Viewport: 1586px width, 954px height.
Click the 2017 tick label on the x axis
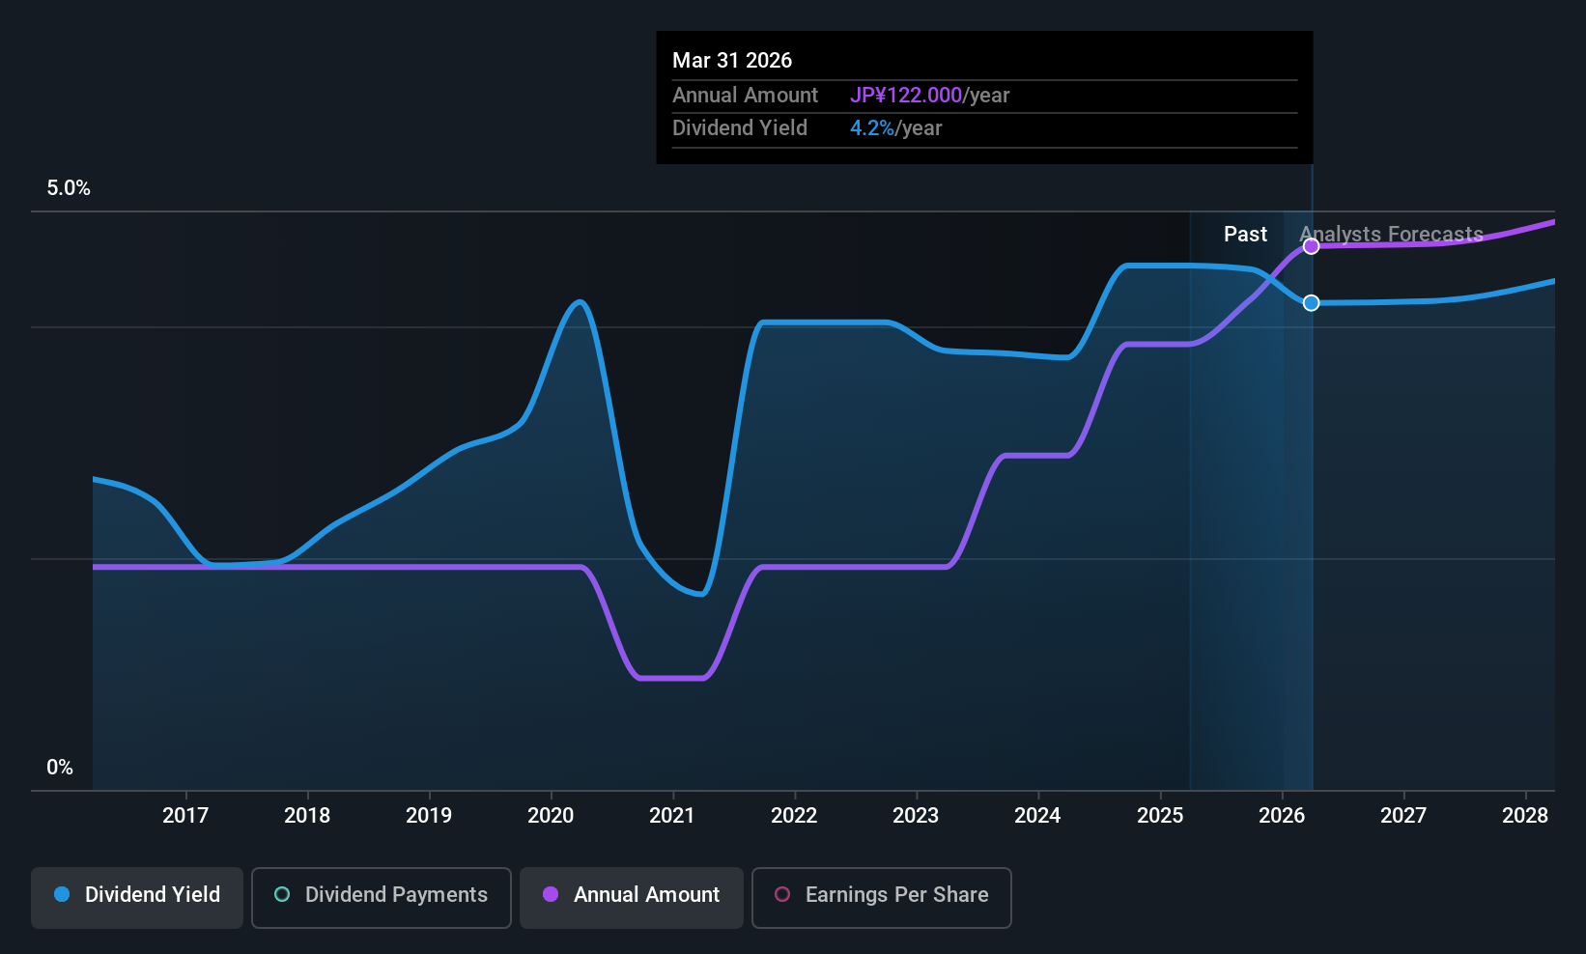tap(185, 816)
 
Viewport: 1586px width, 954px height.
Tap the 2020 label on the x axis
tap(551, 816)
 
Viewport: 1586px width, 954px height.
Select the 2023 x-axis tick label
tap(916, 816)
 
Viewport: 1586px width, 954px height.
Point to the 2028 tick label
tap(1525, 816)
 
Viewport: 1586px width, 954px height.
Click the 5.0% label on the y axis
tap(69, 188)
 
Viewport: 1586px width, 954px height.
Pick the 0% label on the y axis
tap(60, 768)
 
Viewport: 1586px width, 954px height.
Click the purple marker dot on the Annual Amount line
tap(1311, 246)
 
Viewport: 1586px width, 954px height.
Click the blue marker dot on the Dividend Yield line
tap(1311, 303)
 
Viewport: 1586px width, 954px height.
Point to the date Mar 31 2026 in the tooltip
tap(732, 61)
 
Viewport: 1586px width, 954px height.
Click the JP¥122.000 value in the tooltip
tap(906, 96)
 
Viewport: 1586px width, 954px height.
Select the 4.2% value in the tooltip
tap(871, 128)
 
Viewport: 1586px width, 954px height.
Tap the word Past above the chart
tap(1245, 235)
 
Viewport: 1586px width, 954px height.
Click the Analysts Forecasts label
tap(1391, 235)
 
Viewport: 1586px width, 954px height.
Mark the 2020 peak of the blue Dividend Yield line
tap(580, 302)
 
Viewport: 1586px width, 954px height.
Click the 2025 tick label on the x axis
tap(1160, 816)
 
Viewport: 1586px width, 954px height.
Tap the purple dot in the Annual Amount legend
tap(551, 895)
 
